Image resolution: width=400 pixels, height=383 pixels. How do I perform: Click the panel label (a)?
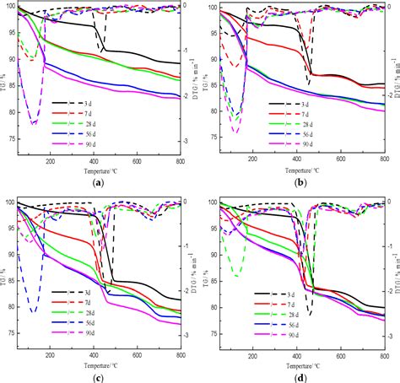tap(100, 183)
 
